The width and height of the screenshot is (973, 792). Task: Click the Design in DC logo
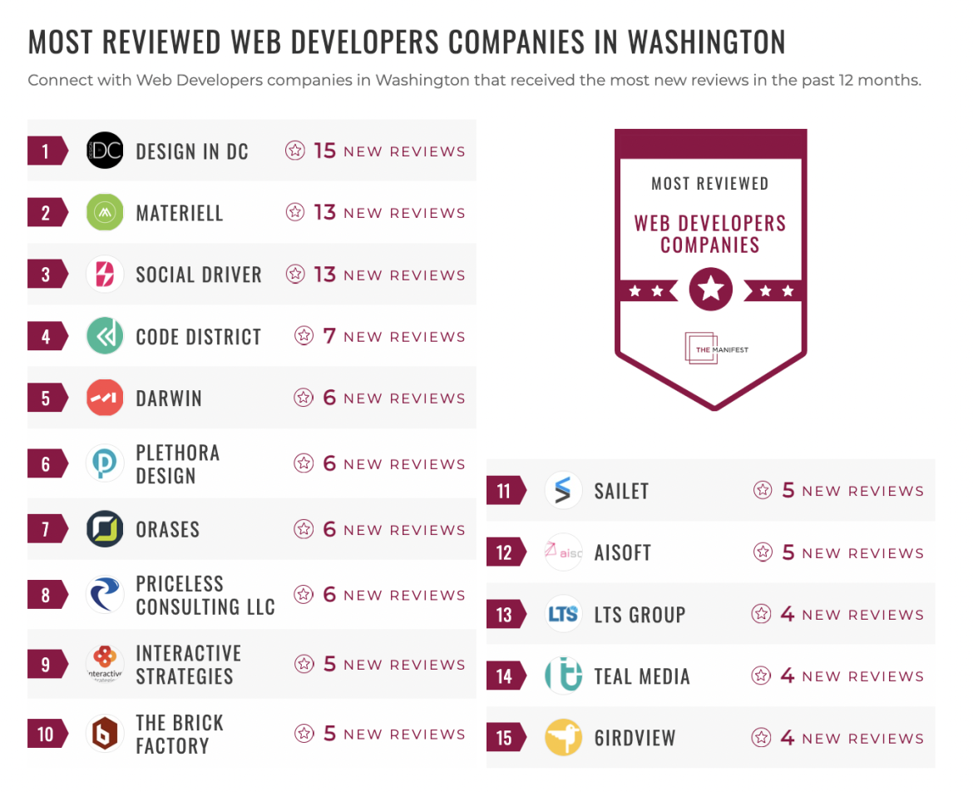(105, 151)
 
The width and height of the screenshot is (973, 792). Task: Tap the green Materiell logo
(105, 212)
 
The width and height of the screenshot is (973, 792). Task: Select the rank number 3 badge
(47, 275)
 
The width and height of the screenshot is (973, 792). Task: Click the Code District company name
(198, 337)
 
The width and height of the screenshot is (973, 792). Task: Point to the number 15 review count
(324, 151)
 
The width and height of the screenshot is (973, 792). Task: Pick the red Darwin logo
(105, 398)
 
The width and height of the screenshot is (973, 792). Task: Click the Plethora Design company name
(178, 464)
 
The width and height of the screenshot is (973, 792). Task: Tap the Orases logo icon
(105, 529)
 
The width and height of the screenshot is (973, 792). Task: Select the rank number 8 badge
(47, 595)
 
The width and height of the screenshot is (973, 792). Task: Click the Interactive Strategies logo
(105, 664)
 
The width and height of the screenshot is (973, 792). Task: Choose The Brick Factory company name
(180, 734)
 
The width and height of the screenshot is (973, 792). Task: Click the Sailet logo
(563, 490)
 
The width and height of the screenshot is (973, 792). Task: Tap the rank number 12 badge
(505, 552)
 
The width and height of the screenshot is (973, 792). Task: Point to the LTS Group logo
(563, 614)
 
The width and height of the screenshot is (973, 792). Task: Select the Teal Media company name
(642, 676)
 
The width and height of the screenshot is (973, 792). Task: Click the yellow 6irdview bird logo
(563, 738)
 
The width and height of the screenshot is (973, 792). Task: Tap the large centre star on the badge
(711, 290)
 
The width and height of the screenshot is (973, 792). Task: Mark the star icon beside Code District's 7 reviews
(304, 336)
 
